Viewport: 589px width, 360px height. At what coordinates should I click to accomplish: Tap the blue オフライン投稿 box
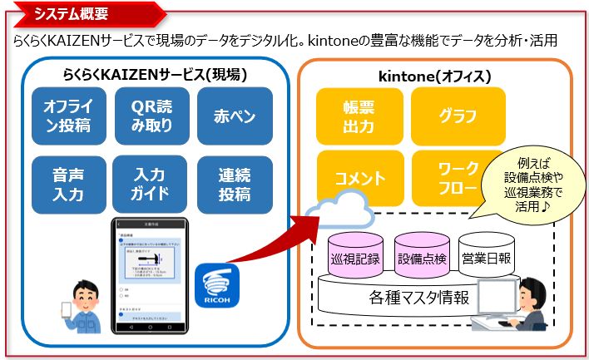pyautogui.click(x=67, y=116)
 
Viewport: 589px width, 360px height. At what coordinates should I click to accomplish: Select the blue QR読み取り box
pyautogui.click(x=151, y=116)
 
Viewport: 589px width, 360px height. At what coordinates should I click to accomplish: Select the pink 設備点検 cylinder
pyautogui.click(x=419, y=259)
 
